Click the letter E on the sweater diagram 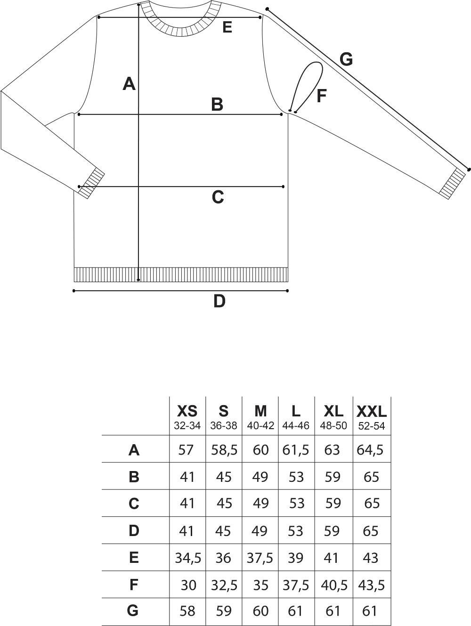(x=227, y=27)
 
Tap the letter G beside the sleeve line (x=346, y=60)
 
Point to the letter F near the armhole (x=321, y=96)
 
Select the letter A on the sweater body (x=129, y=84)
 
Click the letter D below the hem (x=219, y=301)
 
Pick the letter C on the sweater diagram (x=218, y=197)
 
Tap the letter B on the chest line (x=217, y=104)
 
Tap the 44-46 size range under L (x=296, y=426)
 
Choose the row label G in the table (x=133, y=610)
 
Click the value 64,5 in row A (x=370, y=450)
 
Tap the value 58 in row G (x=187, y=610)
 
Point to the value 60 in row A (x=260, y=450)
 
